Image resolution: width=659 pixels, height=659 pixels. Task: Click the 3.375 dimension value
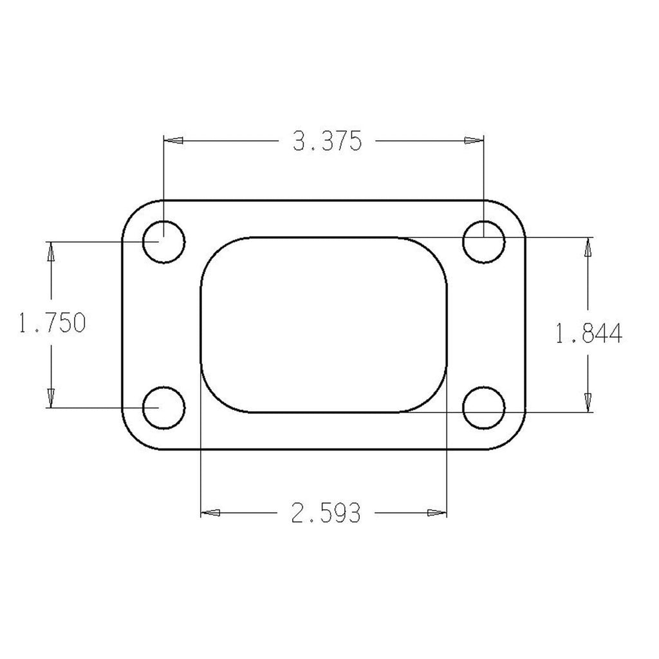tap(326, 141)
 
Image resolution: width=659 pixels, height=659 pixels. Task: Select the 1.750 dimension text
tap(53, 323)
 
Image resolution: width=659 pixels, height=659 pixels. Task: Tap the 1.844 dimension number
tap(588, 334)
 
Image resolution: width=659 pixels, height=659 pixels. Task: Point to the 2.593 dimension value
tap(326, 513)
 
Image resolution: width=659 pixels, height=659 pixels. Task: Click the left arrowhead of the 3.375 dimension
tap(174, 140)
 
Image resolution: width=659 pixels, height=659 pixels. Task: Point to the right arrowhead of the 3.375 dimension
tap(474, 140)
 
